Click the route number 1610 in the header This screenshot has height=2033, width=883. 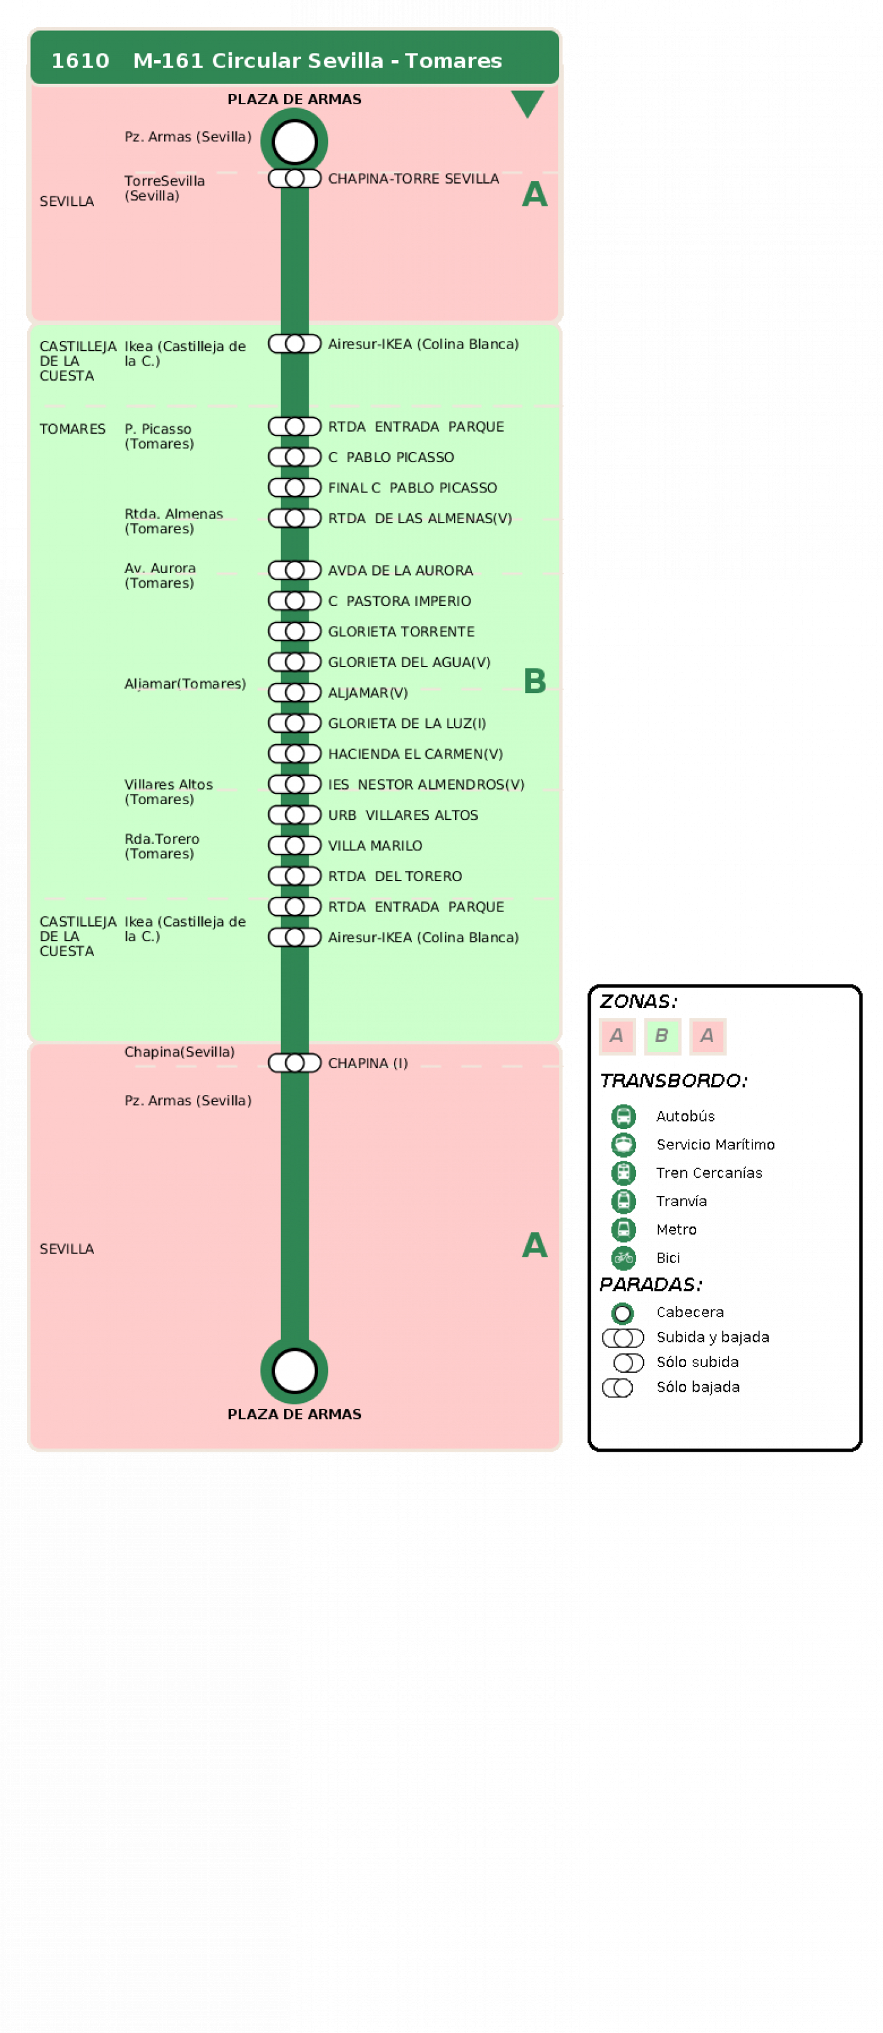coord(80,61)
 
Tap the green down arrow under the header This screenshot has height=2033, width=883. coord(527,104)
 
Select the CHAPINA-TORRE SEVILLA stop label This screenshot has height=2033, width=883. coord(413,179)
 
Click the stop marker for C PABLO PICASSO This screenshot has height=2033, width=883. coord(294,457)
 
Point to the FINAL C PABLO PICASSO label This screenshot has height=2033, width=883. coord(413,488)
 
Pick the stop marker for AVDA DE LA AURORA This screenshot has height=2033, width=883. coord(294,570)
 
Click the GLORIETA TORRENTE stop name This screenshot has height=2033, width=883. coord(401,631)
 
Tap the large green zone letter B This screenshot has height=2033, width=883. coord(535,680)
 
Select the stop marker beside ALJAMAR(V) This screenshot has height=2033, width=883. coord(294,692)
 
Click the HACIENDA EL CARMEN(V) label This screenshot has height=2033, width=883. coord(415,754)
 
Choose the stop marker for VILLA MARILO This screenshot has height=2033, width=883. coord(294,845)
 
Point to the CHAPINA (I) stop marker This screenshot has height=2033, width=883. coord(294,1063)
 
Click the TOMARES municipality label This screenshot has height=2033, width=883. coord(73,429)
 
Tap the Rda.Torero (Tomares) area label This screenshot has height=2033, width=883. coord(162,846)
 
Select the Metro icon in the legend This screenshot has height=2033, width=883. coord(624,1230)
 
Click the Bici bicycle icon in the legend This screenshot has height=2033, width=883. coord(624,1258)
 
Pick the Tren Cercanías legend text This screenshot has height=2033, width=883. coord(709,1173)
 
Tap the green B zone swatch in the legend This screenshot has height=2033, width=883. coord(662,1036)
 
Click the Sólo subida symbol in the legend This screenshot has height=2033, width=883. coord(629,1362)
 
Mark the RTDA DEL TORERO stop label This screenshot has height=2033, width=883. coord(394,876)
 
